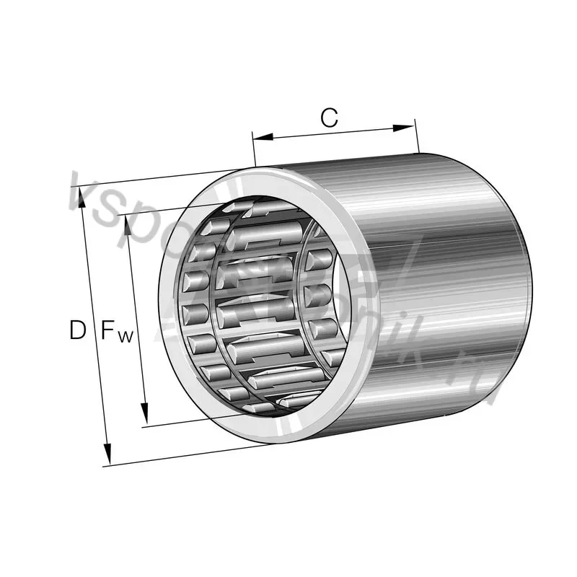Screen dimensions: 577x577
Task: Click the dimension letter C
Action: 330,118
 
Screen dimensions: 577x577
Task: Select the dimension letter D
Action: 77,331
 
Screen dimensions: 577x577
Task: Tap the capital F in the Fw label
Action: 108,331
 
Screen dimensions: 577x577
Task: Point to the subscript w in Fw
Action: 125,336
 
